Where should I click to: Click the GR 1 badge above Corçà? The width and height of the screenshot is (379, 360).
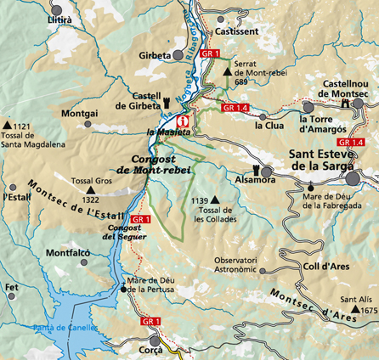coord(151,321)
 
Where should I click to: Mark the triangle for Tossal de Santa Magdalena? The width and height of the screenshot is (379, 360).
coord(8,127)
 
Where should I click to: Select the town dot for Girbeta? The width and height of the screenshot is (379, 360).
coord(178,56)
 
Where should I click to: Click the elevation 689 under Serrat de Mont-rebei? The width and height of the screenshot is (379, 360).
coord(241,82)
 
